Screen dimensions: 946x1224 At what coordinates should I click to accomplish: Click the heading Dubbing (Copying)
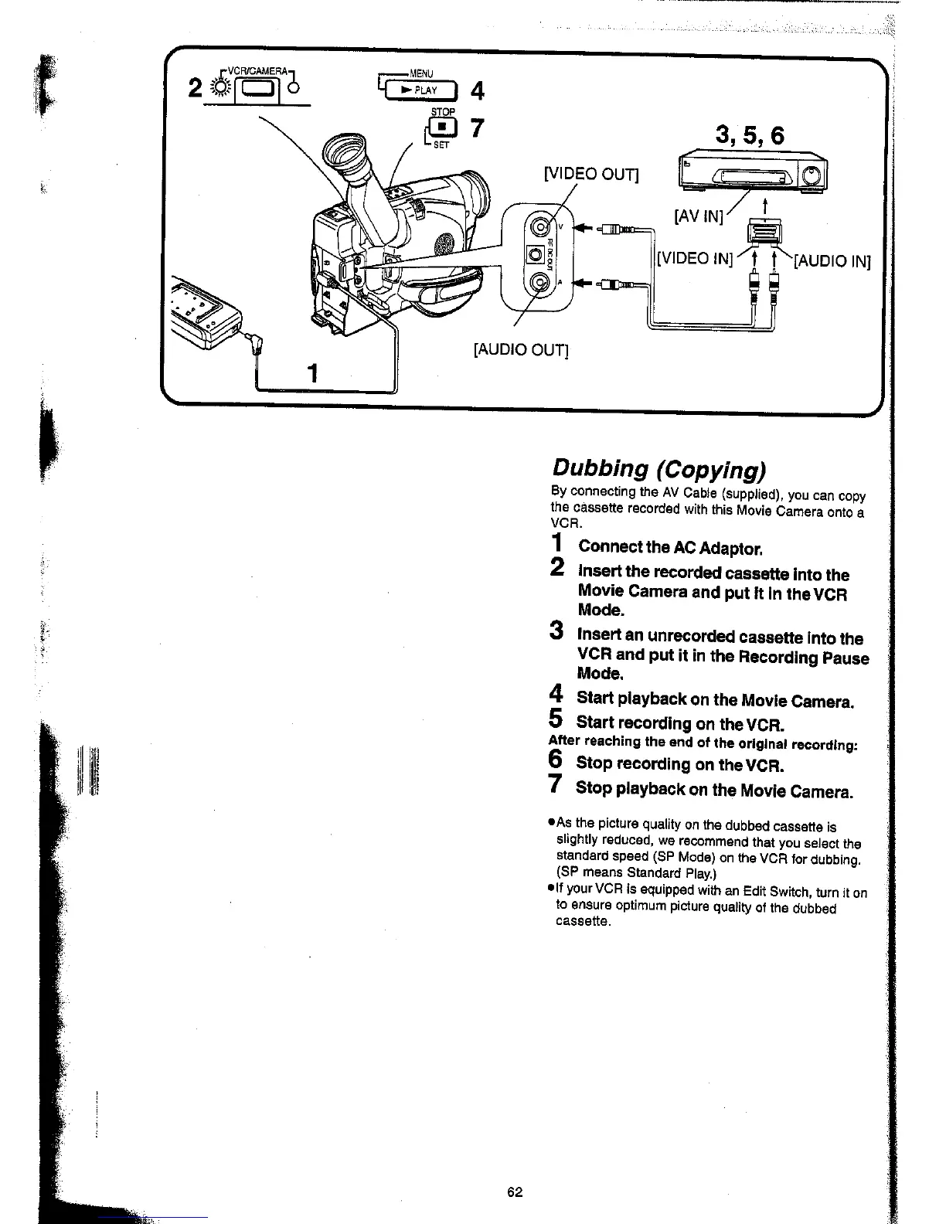658,469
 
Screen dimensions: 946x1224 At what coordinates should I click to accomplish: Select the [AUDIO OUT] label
520,351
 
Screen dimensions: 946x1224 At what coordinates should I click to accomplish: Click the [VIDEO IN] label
693,258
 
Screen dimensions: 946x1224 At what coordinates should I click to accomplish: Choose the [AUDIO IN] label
832,261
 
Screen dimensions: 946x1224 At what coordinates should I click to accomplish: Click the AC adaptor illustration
205,305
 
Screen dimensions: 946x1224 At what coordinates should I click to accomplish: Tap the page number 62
516,1192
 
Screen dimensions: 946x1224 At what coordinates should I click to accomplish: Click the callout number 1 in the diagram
312,374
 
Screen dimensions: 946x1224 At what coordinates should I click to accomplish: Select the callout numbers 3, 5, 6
749,136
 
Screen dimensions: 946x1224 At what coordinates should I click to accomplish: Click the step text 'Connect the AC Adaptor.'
670,548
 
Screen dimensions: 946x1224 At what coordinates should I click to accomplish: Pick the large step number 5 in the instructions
555,719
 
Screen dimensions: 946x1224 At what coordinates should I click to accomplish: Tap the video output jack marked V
538,227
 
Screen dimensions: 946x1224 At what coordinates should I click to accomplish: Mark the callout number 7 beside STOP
477,128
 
